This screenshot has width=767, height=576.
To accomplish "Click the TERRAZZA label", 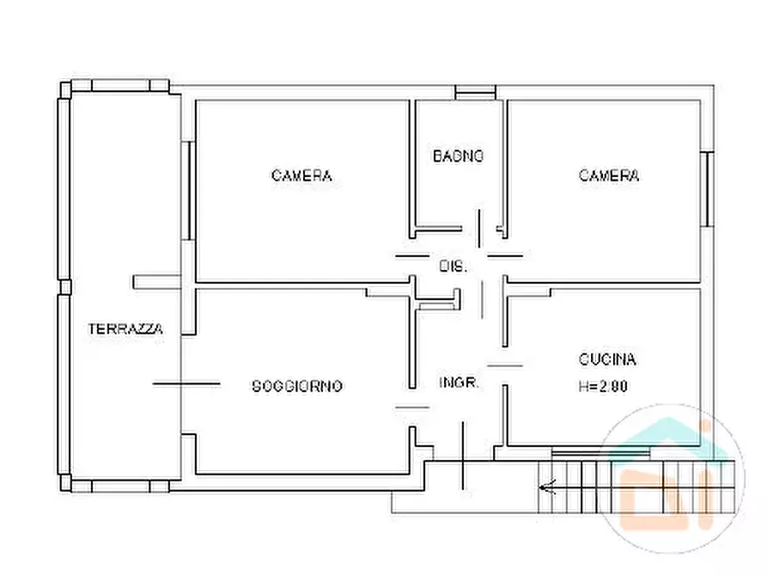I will pyautogui.click(x=125, y=328).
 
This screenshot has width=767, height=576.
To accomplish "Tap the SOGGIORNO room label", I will pyautogui.click(x=297, y=386).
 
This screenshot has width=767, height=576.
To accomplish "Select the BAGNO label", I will pyautogui.click(x=458, y=156).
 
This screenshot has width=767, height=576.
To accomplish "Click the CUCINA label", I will pyautogui.click(x=607, y=359).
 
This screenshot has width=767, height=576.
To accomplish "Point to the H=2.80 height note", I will pyautogui.click(x=603, y=387).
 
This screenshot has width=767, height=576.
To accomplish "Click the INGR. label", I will pyautogui.click(x=459, y=383).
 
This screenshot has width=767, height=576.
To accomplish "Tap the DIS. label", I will pyautogui.click(x=453, y=267).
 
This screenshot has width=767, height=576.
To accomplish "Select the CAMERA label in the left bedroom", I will pyautogui.click(x=301, y=176).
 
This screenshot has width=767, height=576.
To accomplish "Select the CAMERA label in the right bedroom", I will pyautogui.click(x=609, y=176).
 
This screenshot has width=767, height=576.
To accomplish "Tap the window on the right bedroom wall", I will pyautogui.click(x=707, y=189).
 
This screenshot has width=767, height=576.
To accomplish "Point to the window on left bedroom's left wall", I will pyautogui.click(x=186, y=189).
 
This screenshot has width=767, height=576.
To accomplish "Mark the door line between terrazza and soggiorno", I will pyautogui.click(x=186, y=383).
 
